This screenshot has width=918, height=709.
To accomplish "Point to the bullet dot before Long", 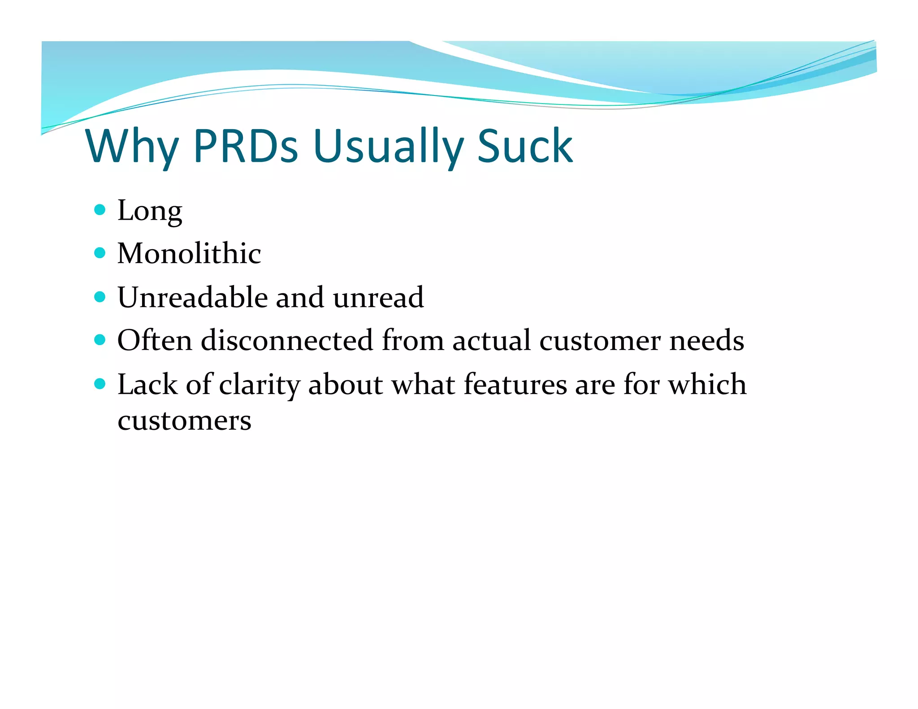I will pos(100,209).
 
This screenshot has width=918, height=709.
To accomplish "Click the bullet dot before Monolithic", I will pos(100,253).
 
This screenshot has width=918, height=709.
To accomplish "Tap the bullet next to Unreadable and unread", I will pos(100,297).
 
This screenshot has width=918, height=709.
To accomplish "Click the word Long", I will pos(150,210).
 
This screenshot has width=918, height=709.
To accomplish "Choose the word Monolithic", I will pos(189,253).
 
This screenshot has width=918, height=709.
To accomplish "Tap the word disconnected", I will pos(287,340).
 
